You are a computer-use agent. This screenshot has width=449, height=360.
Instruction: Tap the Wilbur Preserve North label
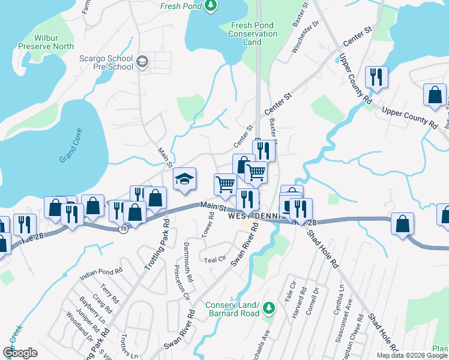point(46,42)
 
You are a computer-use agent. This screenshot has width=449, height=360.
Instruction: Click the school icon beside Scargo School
point(142,62)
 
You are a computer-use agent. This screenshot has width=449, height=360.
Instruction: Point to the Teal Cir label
point(214,260)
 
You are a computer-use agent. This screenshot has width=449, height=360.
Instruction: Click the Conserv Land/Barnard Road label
point(233,308)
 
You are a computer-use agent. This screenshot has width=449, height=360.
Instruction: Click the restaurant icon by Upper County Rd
point(377,77)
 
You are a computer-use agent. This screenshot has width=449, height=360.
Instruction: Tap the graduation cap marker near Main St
point(185,178)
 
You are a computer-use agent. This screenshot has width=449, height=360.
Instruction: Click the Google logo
point(20,353)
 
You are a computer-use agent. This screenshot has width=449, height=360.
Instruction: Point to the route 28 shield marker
point(123,229)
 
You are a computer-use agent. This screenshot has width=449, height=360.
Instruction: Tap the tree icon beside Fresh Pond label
point(210,6)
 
